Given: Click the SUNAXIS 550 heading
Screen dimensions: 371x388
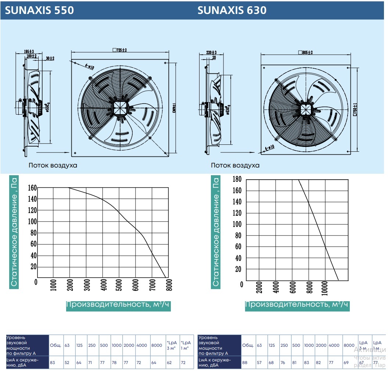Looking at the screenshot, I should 40,10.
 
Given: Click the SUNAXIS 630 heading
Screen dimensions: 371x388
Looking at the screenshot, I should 232,10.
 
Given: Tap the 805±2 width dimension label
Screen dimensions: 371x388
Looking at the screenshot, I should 305,53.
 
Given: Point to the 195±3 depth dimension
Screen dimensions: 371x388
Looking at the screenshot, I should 29,51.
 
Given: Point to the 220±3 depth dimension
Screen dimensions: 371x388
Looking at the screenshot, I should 211,53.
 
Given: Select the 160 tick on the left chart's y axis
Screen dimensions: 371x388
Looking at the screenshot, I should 32,188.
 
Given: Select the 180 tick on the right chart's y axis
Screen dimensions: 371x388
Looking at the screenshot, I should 237,179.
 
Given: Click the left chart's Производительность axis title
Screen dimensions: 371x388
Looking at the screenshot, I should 119,305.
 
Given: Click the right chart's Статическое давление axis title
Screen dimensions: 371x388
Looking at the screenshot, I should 216,231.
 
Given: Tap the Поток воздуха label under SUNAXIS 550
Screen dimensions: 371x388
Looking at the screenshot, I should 53,165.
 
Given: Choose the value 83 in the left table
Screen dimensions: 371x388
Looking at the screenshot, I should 53,363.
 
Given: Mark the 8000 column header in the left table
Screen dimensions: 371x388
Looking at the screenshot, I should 157,345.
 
